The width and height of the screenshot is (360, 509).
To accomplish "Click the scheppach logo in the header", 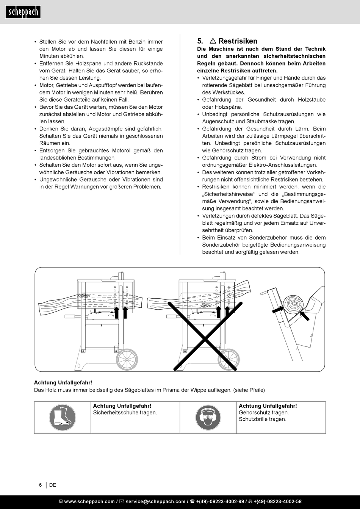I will [x=23, y=12].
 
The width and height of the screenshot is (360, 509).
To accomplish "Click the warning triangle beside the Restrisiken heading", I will [x=213, y=41].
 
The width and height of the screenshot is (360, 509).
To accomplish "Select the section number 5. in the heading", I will [x=200, y=41].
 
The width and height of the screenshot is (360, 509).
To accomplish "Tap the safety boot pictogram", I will [x=63, y=417].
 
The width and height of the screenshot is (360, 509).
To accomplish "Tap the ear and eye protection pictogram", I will [x=208, y=417].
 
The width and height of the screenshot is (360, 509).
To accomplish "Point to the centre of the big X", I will [x=205, y=336].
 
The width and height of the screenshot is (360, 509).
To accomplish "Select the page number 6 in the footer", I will [x=41, y=485].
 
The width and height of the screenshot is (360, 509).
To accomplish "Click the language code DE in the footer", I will [x=53, y=485].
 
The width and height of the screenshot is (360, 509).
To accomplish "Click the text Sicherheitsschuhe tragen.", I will [x=125, y=412].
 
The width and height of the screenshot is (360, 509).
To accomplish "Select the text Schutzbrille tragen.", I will [x=262, y=419].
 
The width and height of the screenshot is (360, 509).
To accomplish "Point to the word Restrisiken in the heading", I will [x=238, y=41].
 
